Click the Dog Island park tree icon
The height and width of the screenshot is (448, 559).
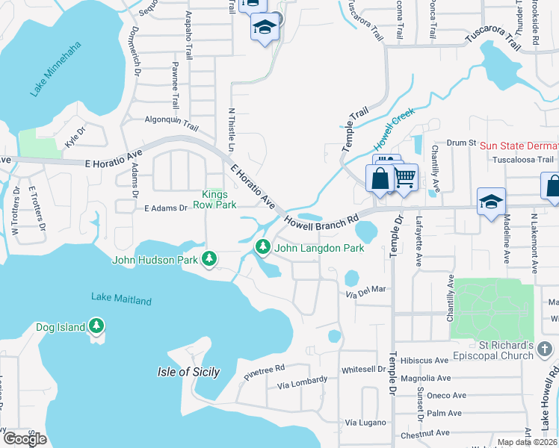pos(96,326)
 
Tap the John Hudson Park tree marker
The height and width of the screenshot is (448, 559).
pos(211,259)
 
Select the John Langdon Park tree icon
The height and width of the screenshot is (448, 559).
pos(263,246)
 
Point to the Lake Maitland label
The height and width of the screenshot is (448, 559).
pos(121,299)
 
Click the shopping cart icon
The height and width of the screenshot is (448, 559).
pos(404,178)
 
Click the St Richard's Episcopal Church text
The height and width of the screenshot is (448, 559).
pos(515,351)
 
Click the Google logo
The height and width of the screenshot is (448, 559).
pos(25,439)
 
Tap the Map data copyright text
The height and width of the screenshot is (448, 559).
pos(528,442)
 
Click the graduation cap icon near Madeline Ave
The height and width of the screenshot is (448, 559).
pos(491,202)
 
